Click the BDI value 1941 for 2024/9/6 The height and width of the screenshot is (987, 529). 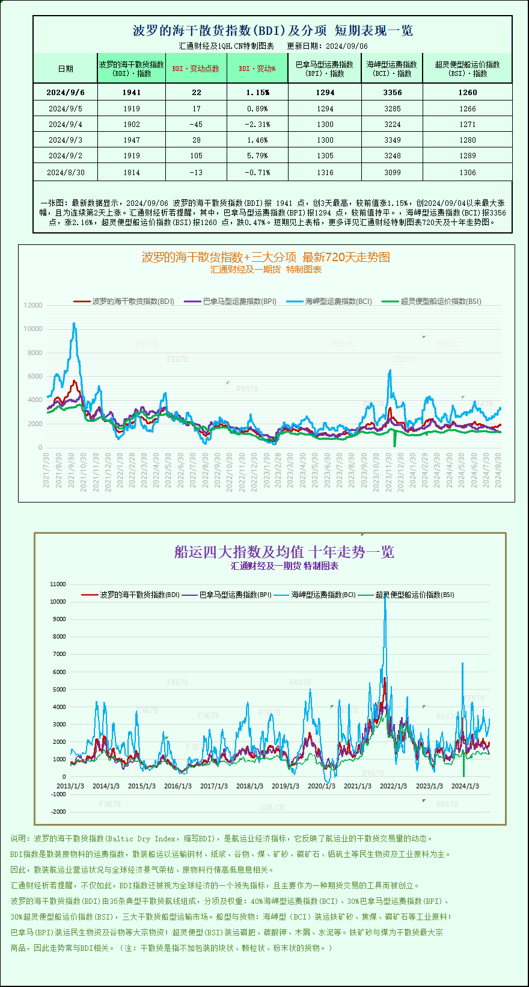[x=131, y=93]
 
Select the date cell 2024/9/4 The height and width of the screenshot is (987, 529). [x=65, y=125]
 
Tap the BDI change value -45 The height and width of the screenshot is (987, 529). [x=196, y=125]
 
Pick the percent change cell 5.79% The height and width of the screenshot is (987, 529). [x=257, y=156]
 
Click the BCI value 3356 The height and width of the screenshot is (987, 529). [x=392, y=93]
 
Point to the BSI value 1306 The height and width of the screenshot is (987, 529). [x=467, y=173]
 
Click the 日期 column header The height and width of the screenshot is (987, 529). [x=66, y=69]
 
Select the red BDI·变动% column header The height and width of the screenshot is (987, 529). [x=257, y=69]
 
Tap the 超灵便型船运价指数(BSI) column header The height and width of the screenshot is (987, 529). [x=467, y=69]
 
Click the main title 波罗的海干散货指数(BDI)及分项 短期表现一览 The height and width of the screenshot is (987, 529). [x=272, y=31]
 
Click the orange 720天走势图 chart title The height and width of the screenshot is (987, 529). [x=266, y=258]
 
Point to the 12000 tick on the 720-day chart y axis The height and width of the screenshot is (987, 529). [x=33, y=306]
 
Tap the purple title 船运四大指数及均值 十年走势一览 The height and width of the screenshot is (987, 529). [x=284, y=552]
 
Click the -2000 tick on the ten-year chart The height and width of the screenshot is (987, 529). [x=58, y=812]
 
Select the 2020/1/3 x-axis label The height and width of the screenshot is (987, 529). [x=322, y=786]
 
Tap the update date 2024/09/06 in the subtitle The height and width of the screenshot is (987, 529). [x=347, y=46]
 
